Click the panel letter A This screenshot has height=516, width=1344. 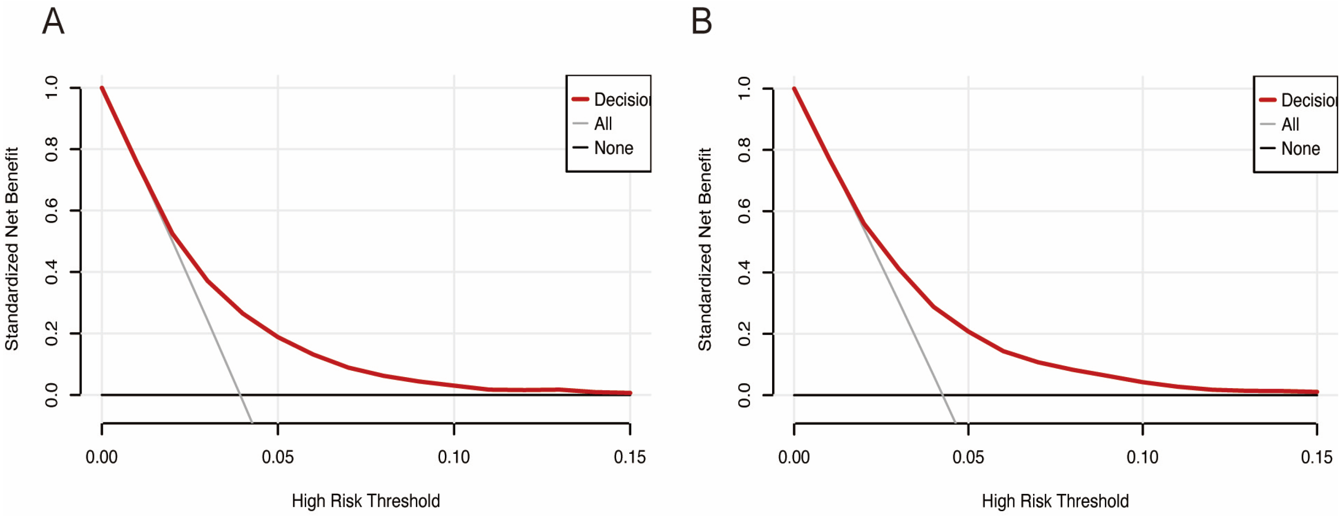(53, 22)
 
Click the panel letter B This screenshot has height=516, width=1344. (702, 22)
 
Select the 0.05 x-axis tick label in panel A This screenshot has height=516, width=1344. (277, 458)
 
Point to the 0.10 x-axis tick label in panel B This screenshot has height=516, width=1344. (1142, 458)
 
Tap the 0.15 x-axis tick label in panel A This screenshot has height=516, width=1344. (629, 458)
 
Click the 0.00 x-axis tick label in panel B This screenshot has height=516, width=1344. (794, 458)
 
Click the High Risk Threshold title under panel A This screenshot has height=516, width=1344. (365, 501)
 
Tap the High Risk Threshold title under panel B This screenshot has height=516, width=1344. (1055, 501)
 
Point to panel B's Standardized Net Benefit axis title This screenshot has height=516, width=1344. (705, 249)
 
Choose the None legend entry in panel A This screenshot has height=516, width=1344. (613, 148)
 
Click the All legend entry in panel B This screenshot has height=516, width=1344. (1290, 125)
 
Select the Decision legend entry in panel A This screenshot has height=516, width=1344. (621, 100)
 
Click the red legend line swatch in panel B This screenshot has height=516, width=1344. (1267, 100)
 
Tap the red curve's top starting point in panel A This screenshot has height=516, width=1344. (102, 88)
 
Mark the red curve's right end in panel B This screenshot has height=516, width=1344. (1317, 392)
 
